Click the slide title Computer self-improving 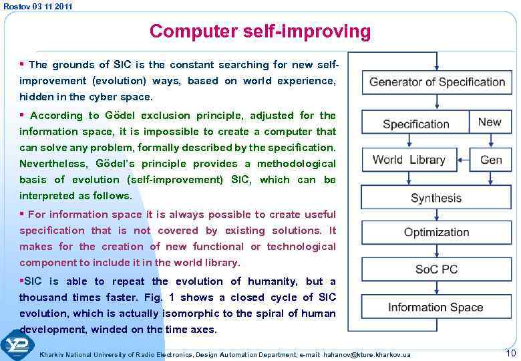tap(260, 31)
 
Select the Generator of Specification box tap(437, 82)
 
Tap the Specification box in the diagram tap(415, 124)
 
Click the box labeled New tap(490, 122)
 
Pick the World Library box tap(409, 160)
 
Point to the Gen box tap(491, 160)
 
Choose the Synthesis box tap(436, 198)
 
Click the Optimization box tap(436, 233)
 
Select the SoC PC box tap(436, 269)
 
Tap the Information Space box tap(436, 307)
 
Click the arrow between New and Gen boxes tap(491, 140)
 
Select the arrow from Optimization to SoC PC tap(436, 251)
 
